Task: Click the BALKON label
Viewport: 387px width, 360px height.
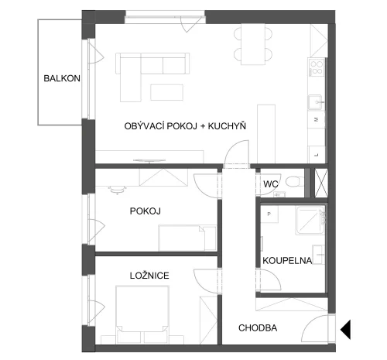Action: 62,78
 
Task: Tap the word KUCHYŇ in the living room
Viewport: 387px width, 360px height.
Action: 227,125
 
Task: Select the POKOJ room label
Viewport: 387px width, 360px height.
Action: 146,211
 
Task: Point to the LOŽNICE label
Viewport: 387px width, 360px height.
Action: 149,275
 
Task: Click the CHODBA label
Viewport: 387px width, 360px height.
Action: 258,328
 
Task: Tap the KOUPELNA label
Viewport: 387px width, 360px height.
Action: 287,261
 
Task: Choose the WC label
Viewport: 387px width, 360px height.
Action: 271,184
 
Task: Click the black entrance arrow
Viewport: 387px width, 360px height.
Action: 345,329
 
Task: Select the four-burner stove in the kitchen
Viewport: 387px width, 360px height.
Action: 317,67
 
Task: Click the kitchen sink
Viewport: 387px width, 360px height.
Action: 316,102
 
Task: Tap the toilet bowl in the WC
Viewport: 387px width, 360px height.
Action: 295,181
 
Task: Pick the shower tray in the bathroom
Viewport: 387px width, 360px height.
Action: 310,220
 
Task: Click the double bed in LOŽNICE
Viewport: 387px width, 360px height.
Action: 142,314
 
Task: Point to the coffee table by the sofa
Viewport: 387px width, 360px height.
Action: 167,92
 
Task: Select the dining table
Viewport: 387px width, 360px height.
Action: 253,44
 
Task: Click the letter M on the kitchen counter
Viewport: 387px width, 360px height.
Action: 317,119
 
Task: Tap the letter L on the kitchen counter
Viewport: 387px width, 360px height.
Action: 317,155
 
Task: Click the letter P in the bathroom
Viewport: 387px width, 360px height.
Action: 269,214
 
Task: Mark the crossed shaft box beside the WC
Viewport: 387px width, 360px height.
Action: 321,183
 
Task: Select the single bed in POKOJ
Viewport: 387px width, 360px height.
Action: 187,238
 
